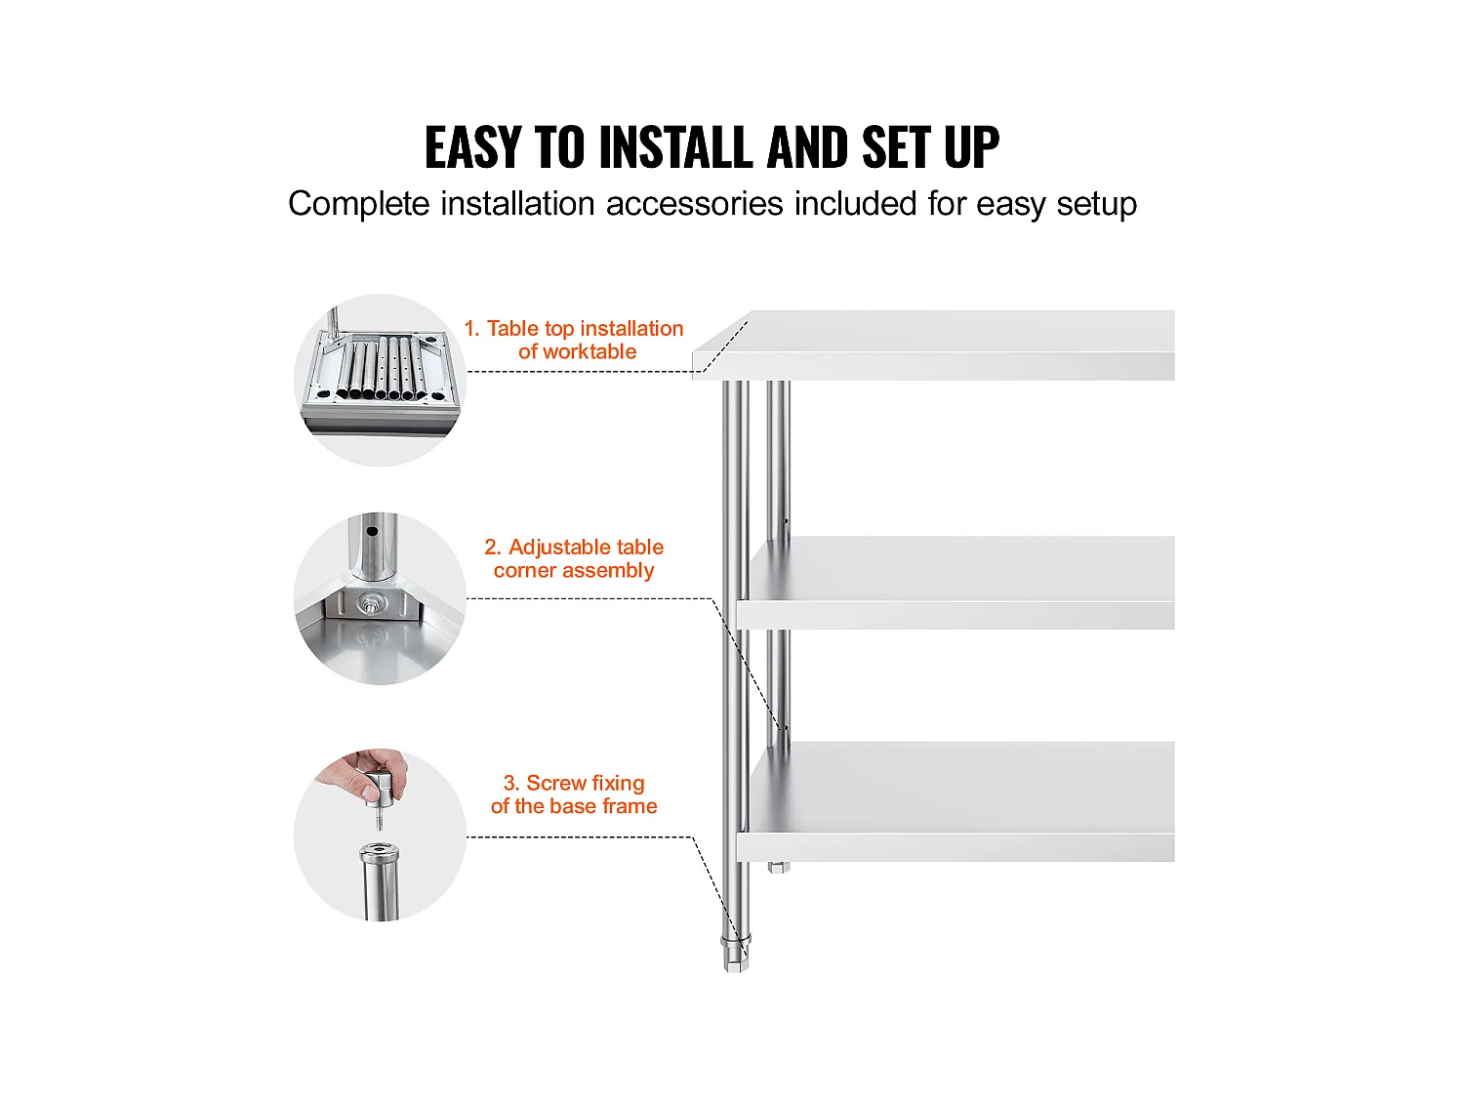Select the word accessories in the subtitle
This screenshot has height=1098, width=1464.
click(694, 203)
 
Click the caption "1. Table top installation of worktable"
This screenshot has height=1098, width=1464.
click(574, 340)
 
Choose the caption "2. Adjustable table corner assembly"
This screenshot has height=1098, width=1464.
click(574, 558)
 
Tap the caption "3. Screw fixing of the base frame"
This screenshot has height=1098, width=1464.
click(574, 794)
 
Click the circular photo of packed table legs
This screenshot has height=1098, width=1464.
click(381, 380)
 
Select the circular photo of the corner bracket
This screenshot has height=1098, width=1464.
click(381, 598)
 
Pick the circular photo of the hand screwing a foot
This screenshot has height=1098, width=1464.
click(381, 834)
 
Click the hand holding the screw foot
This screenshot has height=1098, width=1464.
click(366, 775)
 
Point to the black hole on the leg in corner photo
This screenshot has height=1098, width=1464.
click(372, 532)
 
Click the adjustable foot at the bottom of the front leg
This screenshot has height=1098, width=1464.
click(736, 954)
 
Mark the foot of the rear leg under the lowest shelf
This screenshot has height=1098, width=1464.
click(778, 868)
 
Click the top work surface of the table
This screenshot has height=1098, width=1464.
click(933, 346)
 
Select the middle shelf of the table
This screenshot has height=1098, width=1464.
click(956, 583)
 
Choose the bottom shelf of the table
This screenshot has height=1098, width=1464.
click(956, 802)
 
